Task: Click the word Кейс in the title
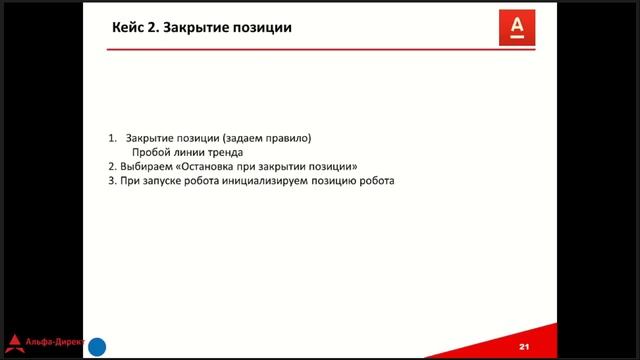click(x=128, y=28)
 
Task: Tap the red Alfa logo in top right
click(x=517, y=28)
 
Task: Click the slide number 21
click(x=523, y=346)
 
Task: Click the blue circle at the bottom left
click(x=98, y=347)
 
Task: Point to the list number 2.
click(x=112, y=167)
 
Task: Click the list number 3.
click(x=112, y=182)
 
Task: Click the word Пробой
click(x=151, y=152)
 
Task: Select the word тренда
click(x=223, y=152)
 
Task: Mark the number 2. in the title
click(x=153, y=28)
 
